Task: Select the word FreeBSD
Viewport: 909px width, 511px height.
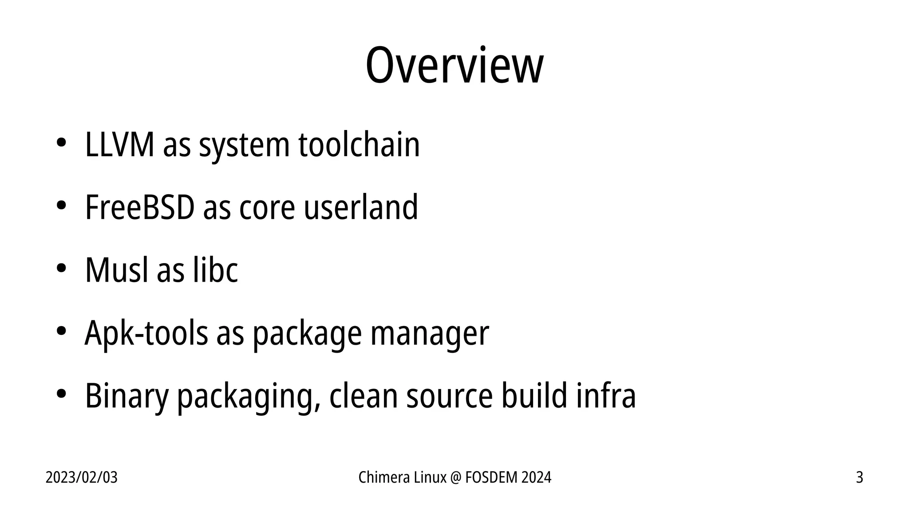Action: click(x=139, y=207)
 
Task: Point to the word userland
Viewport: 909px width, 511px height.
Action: click(x=360, y=207)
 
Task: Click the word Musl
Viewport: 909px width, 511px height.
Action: click(x=116, y=270)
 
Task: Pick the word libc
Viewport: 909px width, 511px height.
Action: click(x=215, y=270)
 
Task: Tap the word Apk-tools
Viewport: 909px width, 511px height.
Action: click(x=146, y=333)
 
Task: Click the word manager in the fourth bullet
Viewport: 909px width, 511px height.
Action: click(x=430, y=334)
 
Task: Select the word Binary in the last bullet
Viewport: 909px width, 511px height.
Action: click(x=126, y=396)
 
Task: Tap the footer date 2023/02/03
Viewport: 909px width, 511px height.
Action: click(x=82, y=478)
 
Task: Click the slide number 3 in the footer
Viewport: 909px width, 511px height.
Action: click(x=859, y=478)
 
